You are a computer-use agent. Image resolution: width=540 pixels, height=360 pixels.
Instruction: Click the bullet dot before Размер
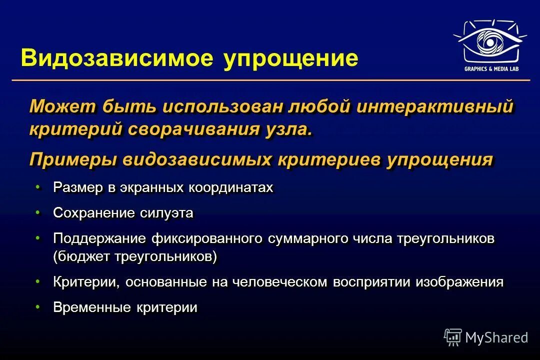(38, 187)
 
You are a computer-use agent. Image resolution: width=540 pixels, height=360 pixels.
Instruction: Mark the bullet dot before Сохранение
(38, 212)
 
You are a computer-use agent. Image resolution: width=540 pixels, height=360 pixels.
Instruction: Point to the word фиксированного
(207, 239)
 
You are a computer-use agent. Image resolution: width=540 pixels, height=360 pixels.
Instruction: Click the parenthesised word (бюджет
(81, 257)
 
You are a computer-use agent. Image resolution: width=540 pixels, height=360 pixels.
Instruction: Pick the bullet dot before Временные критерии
(38, 306)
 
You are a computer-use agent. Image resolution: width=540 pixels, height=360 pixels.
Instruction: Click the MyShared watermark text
(496, 338)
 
